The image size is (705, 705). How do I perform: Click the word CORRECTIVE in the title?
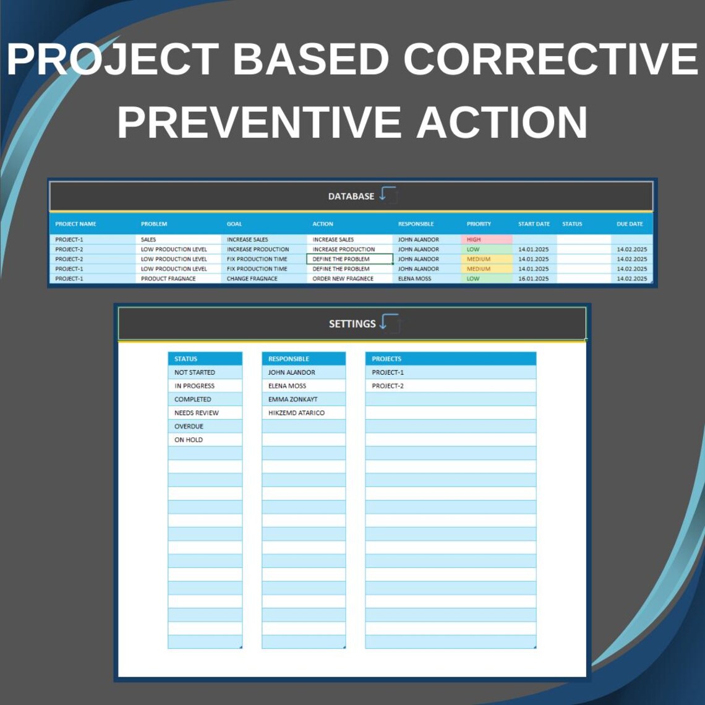pyautogui.click(x=550, y=59)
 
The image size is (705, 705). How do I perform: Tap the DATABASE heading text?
pyautogui.click(x=351, y=196)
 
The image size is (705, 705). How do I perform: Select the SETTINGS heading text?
pyautogui.click(x=352, y=323)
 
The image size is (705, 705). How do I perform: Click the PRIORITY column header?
pyautogui.click(x=479, y=224)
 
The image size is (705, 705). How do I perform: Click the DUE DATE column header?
pyautogui.click(x=630, y=224)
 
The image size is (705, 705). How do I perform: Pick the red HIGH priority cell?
pyautogui.click(x=486, y=239)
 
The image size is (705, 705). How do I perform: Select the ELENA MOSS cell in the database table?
pyautogui.click(x=415, y=279)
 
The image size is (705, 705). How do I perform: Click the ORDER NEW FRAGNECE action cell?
pyautogui.click(x=343, y=279)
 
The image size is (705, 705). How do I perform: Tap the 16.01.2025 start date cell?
pyautogui.click(x=533, y=279)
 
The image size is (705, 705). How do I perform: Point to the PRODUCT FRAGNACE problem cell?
pyautogui.click(x=168, y=279)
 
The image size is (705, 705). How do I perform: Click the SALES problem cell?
pyautogui.click(x=148, y=239)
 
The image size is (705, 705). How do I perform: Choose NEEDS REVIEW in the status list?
pyautogui.click(x=196, y=412)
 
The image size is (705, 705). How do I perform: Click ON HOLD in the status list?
pyautogui.click(x=188, y=440)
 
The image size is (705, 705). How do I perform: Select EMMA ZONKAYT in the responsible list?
pyautogui.click(x=293, y=399)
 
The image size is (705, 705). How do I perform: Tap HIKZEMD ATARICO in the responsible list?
pyautogui.click(x=296, y=412)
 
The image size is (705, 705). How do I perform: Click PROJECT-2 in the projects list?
pyautogui.click(x=387, y=386)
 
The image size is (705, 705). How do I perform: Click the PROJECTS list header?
pyautogui.click(x=387, y=359)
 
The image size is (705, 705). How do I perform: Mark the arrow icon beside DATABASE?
pyautogui.click(x=388, y=194)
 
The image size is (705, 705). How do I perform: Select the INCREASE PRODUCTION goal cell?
pyautogui.click(x=257, y=249)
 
